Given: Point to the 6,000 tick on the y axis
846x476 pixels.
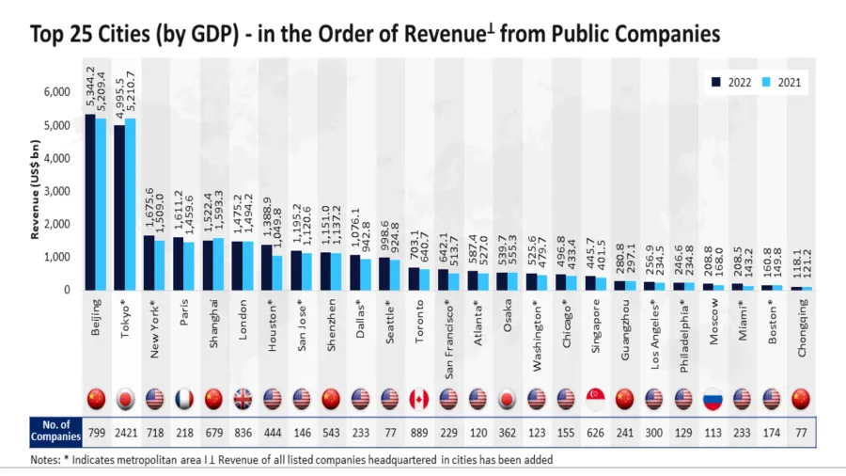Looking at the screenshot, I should click(57, 92).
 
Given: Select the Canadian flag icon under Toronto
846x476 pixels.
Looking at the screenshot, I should click(419, 398).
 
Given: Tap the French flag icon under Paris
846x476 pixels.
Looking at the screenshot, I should click(185, 398).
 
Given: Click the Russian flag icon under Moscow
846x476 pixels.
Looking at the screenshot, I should click(713, 398).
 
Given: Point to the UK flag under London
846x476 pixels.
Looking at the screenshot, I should click(243, 398).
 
